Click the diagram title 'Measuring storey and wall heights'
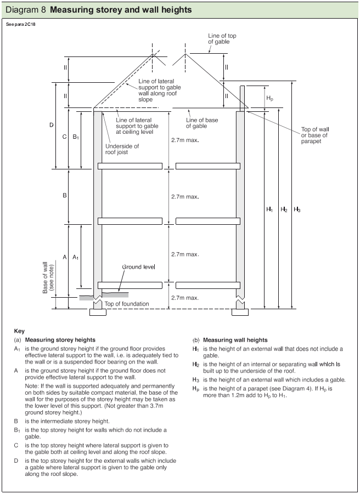121,10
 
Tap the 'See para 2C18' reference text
20,25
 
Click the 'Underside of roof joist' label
122,149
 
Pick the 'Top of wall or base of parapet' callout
314,135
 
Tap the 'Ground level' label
138,266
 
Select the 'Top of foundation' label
126,304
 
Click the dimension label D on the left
52,125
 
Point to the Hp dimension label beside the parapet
270,98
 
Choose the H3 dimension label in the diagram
297,209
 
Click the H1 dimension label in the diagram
269,209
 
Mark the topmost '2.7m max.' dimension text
184,140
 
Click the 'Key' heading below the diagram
19,331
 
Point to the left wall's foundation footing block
98,314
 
